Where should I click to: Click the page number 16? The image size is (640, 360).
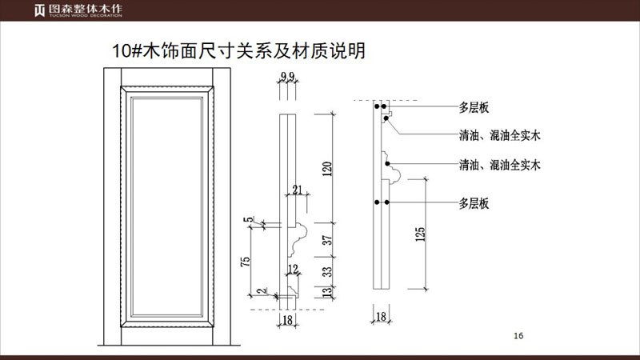coord(518,335)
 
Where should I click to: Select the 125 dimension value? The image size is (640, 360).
coord(421,233)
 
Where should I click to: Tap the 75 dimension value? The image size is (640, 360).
coord(246,261)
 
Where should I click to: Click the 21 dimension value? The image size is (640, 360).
coord(297,189)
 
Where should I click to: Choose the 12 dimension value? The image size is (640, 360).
coord(292,268)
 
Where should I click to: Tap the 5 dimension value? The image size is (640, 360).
coord(249,219)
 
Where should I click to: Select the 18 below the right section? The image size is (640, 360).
coord(381,318)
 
